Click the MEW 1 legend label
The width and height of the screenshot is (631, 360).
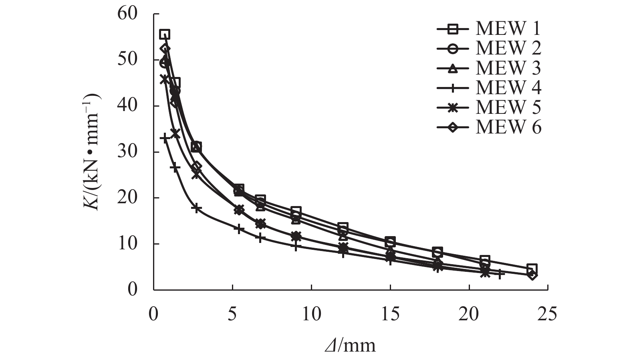(508, 29)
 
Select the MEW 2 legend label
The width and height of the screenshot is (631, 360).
(508, 49)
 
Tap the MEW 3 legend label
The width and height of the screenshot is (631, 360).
(508, 68)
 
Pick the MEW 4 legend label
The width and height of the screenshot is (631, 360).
(508, 88)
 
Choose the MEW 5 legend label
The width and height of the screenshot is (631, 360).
(508, 107)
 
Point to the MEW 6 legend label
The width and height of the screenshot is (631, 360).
(508, 127)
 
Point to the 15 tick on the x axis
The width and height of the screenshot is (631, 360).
(390, 314)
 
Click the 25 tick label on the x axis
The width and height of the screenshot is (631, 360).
(548, 314)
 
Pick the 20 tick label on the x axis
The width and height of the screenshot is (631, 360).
(469, 314)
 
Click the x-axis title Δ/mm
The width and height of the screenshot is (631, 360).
(350, 345)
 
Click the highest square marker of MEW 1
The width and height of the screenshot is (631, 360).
(165, 34)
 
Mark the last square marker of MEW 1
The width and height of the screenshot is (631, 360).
(532, 269)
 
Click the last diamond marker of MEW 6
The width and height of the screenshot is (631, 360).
(532, 275)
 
